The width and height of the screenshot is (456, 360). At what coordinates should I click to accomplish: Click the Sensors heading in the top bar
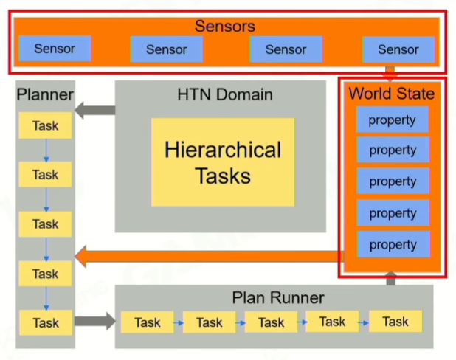click(x=224, y=27)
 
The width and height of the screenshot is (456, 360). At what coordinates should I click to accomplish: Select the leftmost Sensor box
click(x=55, y=49)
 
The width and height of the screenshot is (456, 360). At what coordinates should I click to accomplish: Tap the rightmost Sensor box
click(x=398, y=49)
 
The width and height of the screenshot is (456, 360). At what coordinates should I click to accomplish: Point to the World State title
click(x=391, y=94)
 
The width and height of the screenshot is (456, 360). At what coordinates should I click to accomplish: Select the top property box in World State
click(x=393, y=120)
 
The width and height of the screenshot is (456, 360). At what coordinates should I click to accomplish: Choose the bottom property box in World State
click(x=393, y=244)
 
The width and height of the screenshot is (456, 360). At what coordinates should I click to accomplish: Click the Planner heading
click(x=45, y=94)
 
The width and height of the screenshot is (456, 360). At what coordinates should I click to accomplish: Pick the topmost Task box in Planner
click(x=45, y=125)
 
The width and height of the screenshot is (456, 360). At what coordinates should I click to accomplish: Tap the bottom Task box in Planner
click(x=45, y=322)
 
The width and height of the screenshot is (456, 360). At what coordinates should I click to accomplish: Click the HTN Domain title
click(x=225, y=94)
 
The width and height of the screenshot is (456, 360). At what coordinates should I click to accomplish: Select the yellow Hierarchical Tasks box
click(x=223, y=162)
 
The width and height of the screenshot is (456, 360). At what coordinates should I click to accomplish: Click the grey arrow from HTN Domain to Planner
click(x=95, y=111)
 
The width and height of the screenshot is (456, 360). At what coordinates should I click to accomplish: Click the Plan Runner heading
click(x=278, y=298)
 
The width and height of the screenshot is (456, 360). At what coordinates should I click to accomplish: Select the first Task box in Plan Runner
click(x=148, y=322)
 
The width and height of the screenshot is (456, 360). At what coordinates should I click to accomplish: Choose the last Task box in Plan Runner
click(x=395, y=322)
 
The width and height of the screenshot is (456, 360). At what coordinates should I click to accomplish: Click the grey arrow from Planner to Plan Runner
click(x=95, y=322)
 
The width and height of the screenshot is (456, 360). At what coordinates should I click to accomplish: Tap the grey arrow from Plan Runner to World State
click(x=391, y=279)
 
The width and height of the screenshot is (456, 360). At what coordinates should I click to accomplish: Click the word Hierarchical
click(x=223, y=150)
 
